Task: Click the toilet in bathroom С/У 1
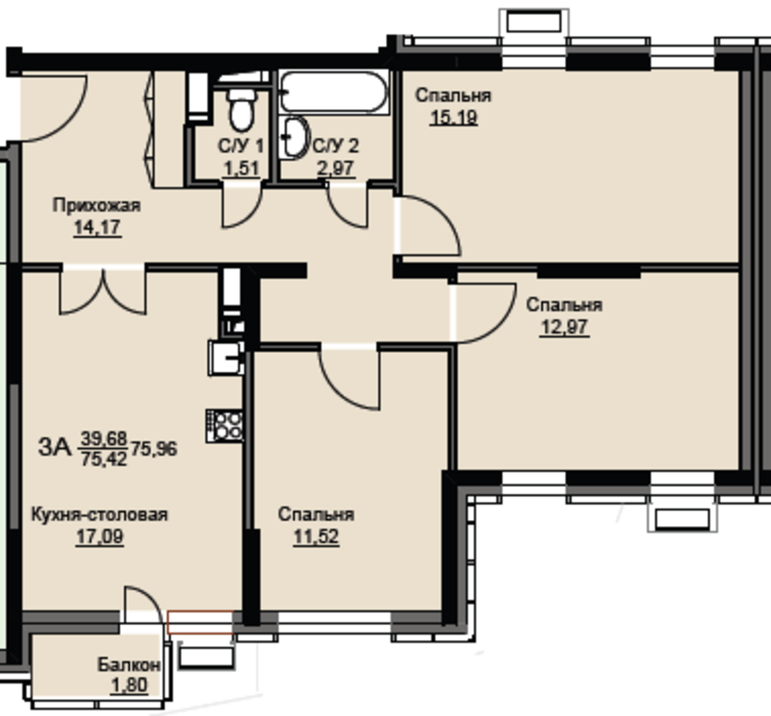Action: click(x=242, y=109)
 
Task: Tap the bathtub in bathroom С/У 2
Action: click(x=334, y=92)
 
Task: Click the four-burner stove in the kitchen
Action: click(x=226, y=426)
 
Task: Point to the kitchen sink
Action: click(x=226, y=358)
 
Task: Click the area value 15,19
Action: click(x=453, y=118)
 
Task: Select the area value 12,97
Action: click(x=564, y=327)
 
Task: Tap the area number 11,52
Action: click(x=316, y=536)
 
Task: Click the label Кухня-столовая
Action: click(x=100, y=514)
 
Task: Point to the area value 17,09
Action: click(x=100, y=536)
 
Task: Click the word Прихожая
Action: click(x=97, y=205)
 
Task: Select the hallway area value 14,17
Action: click(x=97, y=228)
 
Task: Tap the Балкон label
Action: click(x=129, y=665)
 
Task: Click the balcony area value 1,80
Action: click(x=130, y=685)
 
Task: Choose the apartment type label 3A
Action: click(x=55, y=447)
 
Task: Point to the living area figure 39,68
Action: click(x=104, y=437)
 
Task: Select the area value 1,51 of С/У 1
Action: click(x=241, y=169)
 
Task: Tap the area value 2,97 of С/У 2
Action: click(x=335, y=169)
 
